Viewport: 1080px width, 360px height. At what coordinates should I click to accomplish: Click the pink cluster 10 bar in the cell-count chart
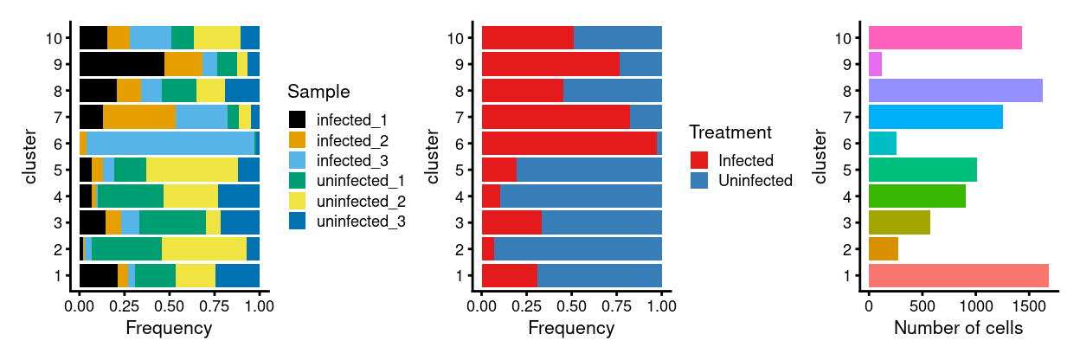945,38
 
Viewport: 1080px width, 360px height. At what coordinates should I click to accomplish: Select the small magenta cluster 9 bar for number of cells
875,64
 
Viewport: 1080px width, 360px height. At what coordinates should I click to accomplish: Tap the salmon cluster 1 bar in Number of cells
958,276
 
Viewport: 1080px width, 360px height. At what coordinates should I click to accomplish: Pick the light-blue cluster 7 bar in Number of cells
935,117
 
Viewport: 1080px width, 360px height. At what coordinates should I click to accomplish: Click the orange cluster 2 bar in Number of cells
883,249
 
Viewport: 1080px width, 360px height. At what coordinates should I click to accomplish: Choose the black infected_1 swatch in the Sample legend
298,118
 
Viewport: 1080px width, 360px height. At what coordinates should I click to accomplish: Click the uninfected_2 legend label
362,201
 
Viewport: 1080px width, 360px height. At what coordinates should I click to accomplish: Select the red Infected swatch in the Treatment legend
699,160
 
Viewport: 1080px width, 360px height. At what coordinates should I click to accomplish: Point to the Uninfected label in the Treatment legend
755,181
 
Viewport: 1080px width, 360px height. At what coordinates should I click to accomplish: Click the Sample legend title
318,92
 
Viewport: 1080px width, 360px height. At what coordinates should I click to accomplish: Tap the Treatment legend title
730,133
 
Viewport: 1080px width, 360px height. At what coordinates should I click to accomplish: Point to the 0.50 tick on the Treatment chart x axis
572,305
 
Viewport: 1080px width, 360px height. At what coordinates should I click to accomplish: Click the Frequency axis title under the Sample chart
169,329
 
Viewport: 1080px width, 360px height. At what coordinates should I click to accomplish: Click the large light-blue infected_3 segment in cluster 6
170,144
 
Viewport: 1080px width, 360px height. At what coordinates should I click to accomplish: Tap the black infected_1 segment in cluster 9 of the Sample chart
121,64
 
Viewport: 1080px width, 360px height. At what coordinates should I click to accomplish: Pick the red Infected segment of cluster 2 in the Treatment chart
487,249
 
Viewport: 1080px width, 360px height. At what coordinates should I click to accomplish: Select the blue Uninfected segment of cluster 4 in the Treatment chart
581,196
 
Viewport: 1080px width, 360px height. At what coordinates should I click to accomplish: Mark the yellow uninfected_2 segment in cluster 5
192,170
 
